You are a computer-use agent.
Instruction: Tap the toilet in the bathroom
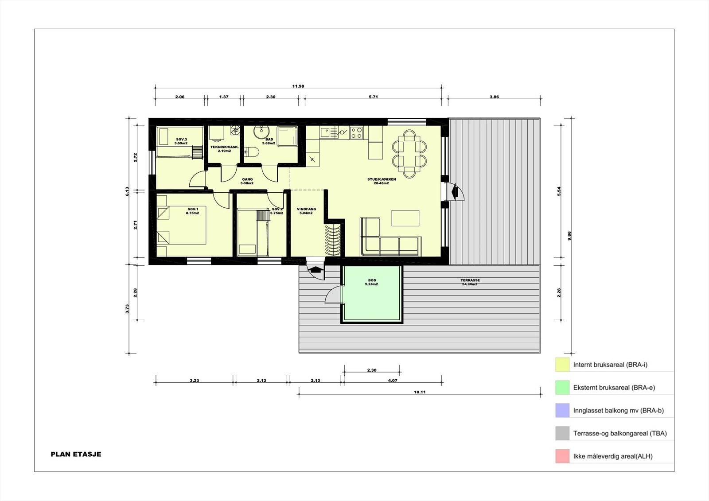coord(252,152)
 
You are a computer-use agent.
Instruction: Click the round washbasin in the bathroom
coord(262,132)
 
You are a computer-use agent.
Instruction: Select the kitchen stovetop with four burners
coord(357,132)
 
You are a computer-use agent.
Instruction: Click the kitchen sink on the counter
coord(326,132)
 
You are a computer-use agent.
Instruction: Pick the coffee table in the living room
coord(405,218)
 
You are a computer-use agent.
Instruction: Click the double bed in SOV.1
coord(181,226)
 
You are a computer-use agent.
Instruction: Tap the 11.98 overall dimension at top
coord(298,86)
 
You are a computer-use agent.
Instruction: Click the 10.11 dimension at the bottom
coord(420,392)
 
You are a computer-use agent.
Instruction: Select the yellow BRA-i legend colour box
coord(562,365)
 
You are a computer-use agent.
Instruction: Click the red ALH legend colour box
coord(562,456)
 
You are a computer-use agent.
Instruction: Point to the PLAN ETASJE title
coord(76,454)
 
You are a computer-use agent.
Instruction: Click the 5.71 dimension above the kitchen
coord(373,97)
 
